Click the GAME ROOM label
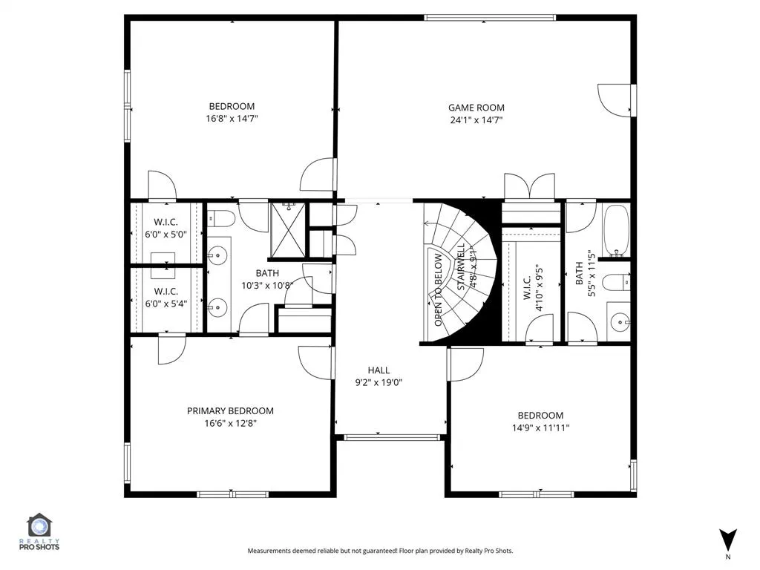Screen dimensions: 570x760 click(476, 108)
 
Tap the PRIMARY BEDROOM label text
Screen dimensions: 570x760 click(230, 411)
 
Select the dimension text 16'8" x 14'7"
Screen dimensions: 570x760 click(232, 119)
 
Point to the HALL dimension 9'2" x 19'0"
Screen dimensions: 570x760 click(379, 383)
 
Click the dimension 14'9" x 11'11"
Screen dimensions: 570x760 click(540, 428)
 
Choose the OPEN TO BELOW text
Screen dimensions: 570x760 click(438, 290)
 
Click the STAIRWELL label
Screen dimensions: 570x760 click(461, 266)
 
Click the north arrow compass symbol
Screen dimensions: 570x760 click(728, 540)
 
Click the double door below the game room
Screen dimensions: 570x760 click(529, 187)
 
